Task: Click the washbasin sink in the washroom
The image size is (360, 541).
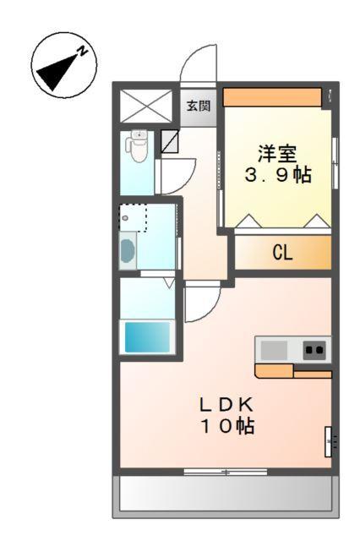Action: tap(128, 251)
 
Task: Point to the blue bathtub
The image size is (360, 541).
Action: tap(148, 336)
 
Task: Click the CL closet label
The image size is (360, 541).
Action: tap(282, 252)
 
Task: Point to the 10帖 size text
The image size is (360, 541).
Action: tap(226, 426)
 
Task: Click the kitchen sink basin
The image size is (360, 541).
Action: tap(273, 349)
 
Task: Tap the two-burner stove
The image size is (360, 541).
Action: tap(314, 349)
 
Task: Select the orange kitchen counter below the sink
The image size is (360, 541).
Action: tap(292, 370)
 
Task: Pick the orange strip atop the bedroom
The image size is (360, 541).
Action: tap(272, 96)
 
